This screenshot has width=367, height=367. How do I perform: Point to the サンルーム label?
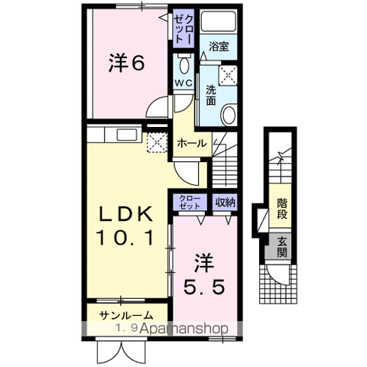pos(125,315)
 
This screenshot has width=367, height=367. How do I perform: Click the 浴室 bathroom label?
pos(219,47)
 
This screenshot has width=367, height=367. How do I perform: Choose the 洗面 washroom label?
pos(210,95)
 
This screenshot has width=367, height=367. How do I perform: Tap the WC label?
pos(183,82)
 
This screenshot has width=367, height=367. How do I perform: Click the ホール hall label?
pos(190,143)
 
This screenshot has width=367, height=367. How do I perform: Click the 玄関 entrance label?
pos(282,247)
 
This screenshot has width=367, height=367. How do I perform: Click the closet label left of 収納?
pos(190,202)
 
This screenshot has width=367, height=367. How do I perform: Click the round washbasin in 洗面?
pos(227,115)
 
